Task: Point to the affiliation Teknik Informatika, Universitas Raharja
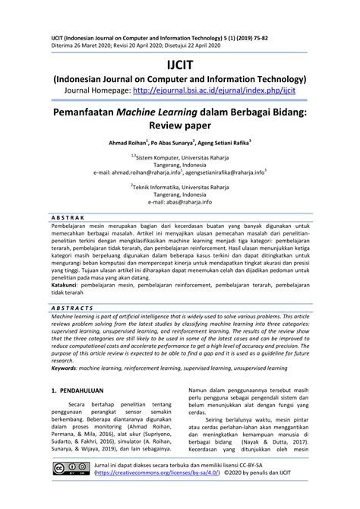pyautogui.click(x=181, y=185)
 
